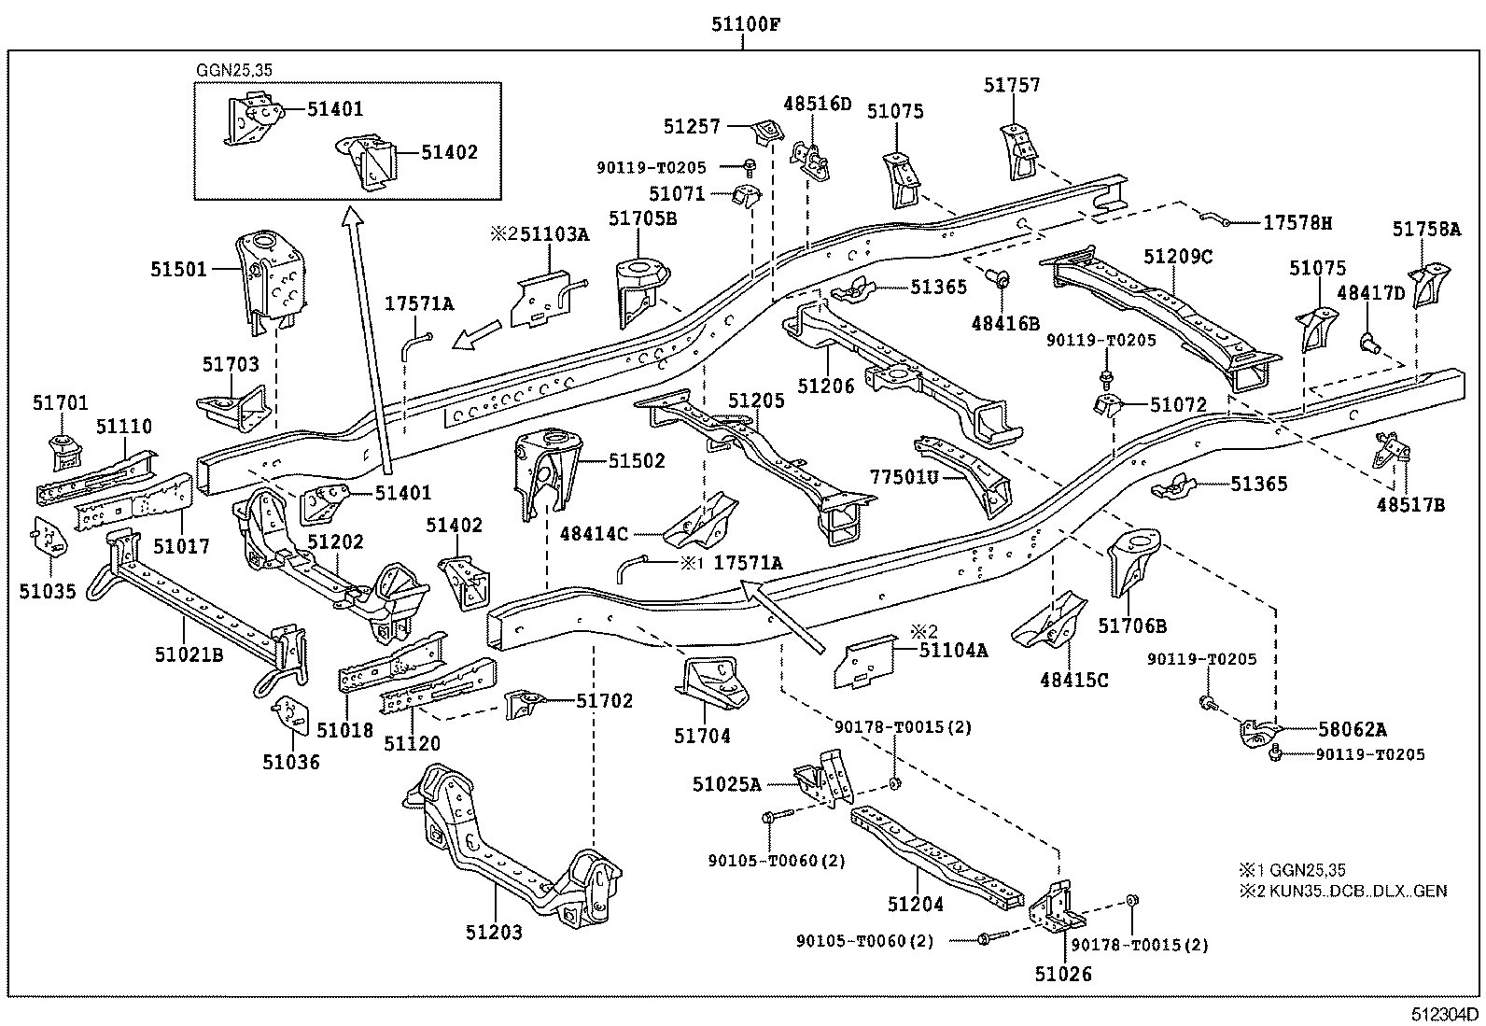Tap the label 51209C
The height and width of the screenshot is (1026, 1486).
tap(1179, 257)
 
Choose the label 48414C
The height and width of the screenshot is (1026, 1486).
tap(594, 534)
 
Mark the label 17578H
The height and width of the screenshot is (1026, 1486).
tap(1298, 223)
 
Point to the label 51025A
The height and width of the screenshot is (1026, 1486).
tap(728, 784)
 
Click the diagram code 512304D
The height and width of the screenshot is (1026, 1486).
tap(1445, 1014)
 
